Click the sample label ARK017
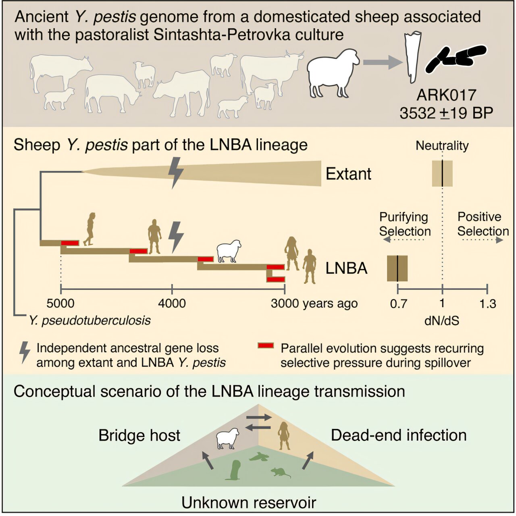446,95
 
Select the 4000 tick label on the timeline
172,303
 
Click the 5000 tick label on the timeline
60,303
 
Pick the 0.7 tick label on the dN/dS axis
398,304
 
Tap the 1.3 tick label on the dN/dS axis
487,304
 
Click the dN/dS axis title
442,321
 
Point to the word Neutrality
442,146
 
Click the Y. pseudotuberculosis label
89,320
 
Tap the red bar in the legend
266,346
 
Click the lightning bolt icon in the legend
25,352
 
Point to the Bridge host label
139,435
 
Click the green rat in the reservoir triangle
280,472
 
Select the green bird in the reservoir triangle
258,457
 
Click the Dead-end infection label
399,435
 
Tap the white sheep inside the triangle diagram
227,439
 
